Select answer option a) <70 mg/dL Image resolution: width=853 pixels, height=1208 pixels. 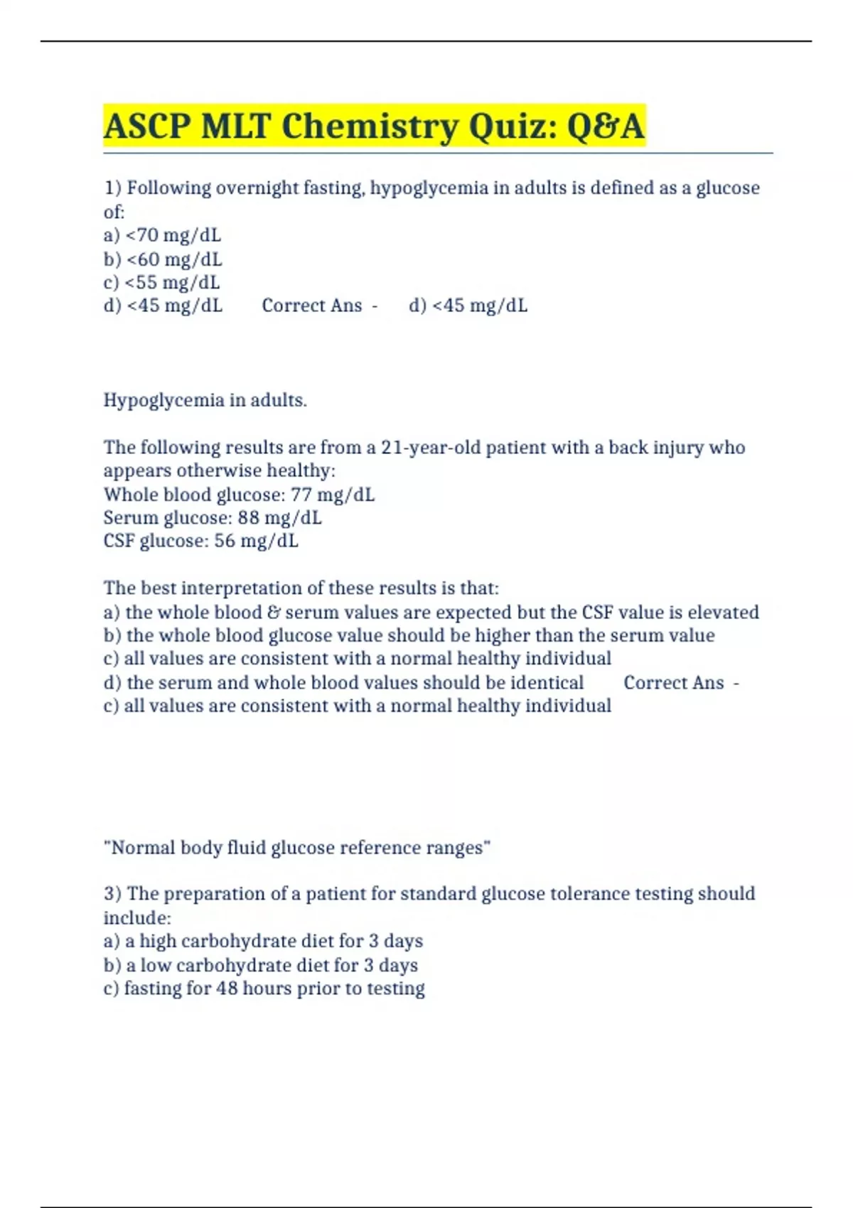tap(162, 235)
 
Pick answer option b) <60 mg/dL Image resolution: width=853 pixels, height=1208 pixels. tap(163, 259)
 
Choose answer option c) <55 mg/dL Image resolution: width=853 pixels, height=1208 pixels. tap(161, 283)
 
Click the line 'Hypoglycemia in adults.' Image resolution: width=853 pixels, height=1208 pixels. tap(205, 400)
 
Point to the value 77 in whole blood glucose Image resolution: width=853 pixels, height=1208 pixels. tap(301, 495)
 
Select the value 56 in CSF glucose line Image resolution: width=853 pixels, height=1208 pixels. tap(224, 541)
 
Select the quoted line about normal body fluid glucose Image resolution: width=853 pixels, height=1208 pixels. tap(297, 848)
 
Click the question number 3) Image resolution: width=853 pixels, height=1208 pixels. tap(113, 894)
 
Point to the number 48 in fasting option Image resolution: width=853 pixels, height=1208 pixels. tap(227, 989)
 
